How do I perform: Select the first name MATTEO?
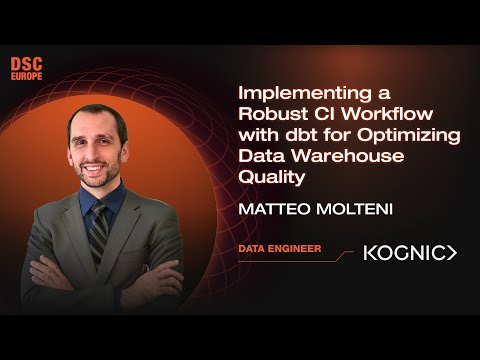coord(269,211)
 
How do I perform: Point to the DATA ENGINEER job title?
coord(280,248)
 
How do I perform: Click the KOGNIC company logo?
coord(408,253)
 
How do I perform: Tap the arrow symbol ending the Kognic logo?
coord(451,253)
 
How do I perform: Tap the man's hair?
coord(100,118)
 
